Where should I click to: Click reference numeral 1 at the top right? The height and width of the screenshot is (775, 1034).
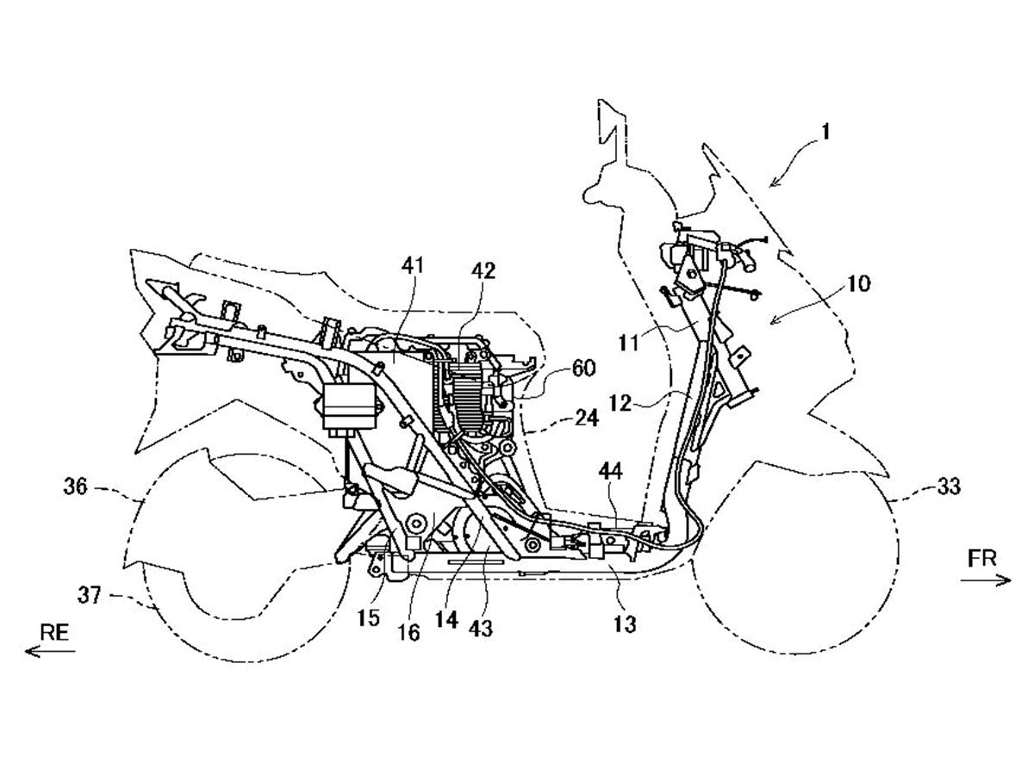(x=825, y=132)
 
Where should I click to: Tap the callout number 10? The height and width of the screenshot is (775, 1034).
(x=858, y=284)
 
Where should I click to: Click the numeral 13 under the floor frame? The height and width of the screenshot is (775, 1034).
(x=625, y=624)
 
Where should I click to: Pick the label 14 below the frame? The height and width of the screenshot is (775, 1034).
(x=446, y=620)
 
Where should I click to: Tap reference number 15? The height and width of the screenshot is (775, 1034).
(x=369, y=617)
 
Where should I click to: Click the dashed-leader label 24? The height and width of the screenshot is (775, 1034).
(x=586, y=418)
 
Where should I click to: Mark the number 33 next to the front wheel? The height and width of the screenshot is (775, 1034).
(x=948, y=487)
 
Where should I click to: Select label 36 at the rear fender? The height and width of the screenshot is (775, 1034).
(x=75, y=487)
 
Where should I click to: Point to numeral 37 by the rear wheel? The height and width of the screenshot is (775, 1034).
(x=90, y=595)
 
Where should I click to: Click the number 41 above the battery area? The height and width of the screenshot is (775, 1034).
(x=413, y=266)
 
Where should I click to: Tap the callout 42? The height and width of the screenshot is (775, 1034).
(x=483, y=270)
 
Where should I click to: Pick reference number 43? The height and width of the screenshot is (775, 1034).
(x=481, y=629)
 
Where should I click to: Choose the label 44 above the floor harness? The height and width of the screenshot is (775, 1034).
(x=611, y=471)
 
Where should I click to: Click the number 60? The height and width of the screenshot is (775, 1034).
(x=584, y=368)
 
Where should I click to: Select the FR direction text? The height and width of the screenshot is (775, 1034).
(x=982, y=558)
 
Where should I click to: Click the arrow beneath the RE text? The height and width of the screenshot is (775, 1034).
(x=50, y=651)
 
